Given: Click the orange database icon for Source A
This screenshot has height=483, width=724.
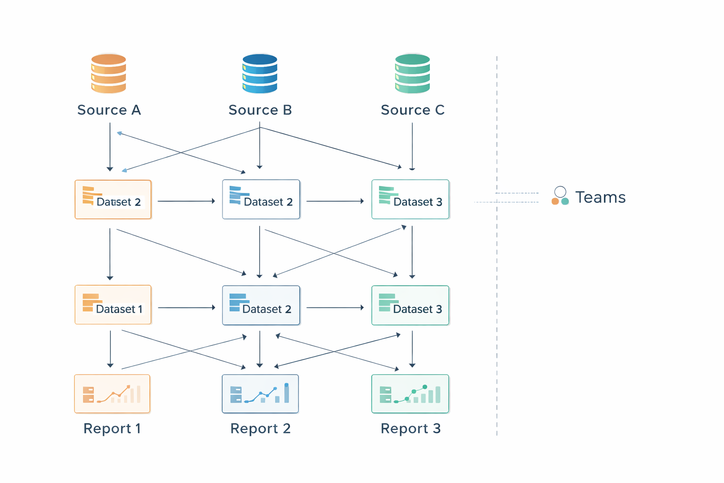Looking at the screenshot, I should pos(108,74).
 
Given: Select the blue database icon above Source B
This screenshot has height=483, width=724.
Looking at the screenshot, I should pos(260,74).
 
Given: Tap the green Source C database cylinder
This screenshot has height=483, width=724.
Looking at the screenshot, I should pos(412,74).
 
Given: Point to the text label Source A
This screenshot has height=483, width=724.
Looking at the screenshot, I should pos(109,110).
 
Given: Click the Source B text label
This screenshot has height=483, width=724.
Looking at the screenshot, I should pos(260,110).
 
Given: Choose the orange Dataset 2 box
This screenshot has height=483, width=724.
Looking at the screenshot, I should pos(113,200).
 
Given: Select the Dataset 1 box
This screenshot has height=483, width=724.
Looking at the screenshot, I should pos(113,305).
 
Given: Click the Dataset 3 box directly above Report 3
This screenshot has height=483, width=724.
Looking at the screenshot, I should pos(410,305).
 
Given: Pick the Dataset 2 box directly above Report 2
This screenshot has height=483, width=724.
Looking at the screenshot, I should pos(261,305).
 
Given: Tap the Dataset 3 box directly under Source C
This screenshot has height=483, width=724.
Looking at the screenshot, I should pos(410,200).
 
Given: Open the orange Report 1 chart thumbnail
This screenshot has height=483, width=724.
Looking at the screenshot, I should pos(112,394).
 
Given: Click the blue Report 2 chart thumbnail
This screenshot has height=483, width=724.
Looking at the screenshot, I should pos(260,394).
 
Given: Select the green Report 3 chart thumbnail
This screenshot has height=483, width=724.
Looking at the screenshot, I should pos(410,394).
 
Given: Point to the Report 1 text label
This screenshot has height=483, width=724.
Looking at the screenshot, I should pos(112,428).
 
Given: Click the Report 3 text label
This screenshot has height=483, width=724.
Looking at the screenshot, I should pos(411,428).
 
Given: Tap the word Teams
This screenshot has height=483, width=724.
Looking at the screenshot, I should pos(600,197).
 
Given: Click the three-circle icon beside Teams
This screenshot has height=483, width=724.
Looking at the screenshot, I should pos(560,196).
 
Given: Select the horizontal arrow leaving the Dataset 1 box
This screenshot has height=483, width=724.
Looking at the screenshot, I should pos(186,308).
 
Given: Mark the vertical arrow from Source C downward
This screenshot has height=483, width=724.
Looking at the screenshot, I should pos(412,146).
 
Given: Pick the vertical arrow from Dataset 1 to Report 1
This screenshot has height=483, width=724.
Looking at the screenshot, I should pos(110,349).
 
